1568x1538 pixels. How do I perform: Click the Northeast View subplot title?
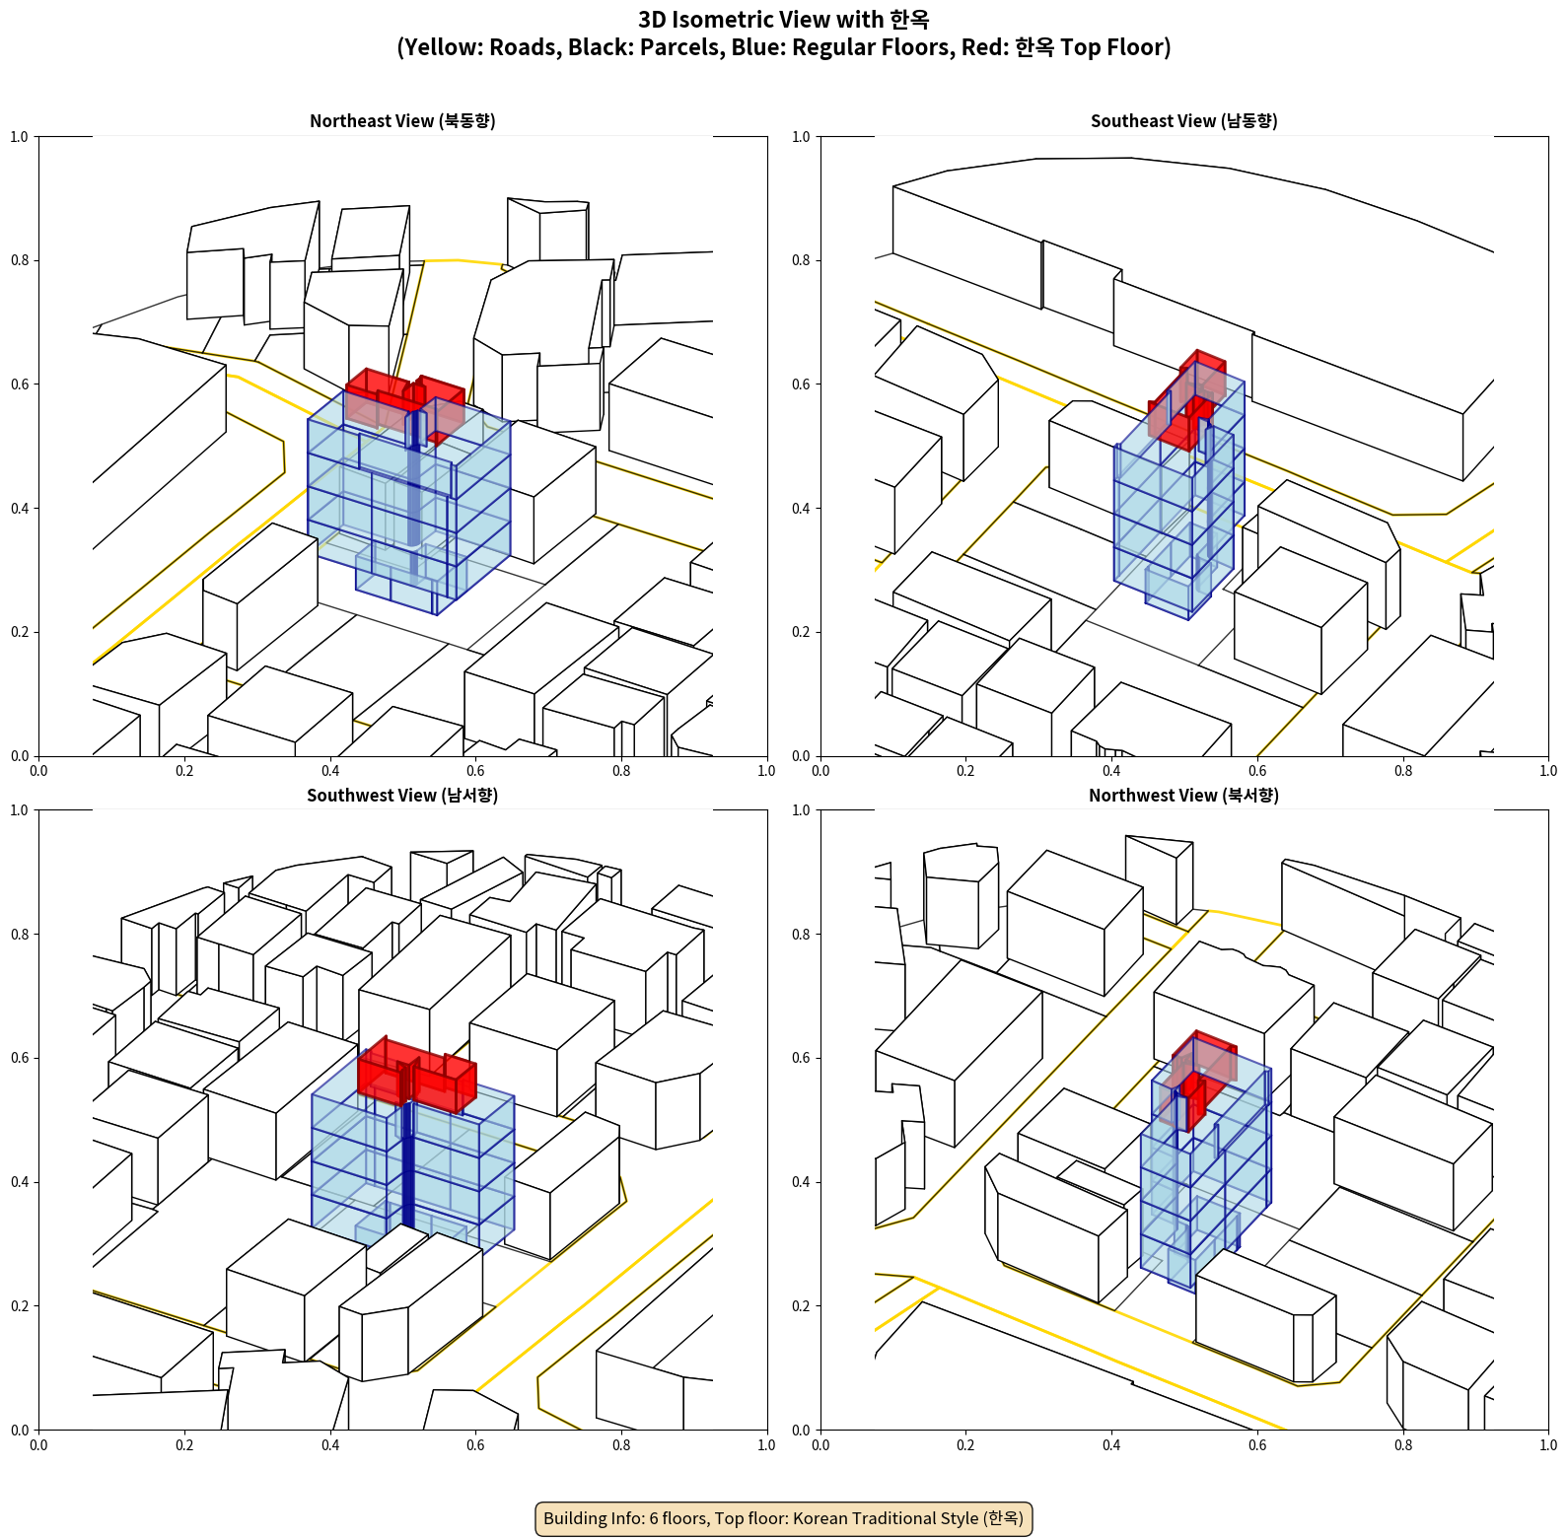click(x=402, y=121)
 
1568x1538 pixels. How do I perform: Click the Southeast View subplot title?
click(x=1183, y=121)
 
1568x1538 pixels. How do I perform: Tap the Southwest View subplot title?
click(x=402, y=796)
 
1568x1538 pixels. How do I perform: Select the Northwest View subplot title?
click(x=1183, y=796)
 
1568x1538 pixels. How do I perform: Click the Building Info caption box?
click(x=784, y=1518)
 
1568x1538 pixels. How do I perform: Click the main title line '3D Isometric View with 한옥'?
click(x=784, y=20)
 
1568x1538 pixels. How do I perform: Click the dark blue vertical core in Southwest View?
click(x=407, y=1163)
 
